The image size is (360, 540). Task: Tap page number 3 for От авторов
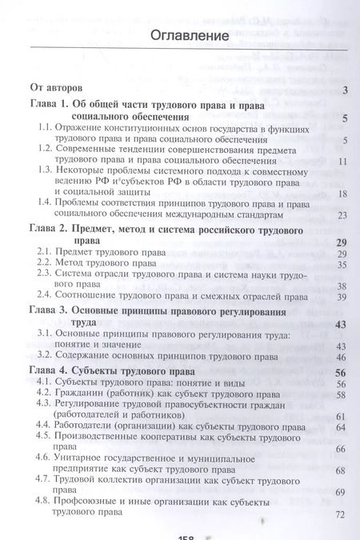click(343, 90)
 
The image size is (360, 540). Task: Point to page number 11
click(342, 161)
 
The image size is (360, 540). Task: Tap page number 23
click(342, 215)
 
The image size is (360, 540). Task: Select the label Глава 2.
click(52, 229)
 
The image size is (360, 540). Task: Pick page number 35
click(342, 265)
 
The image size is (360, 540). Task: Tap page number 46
click(342, 357)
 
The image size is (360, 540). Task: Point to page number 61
click(342, 417)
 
